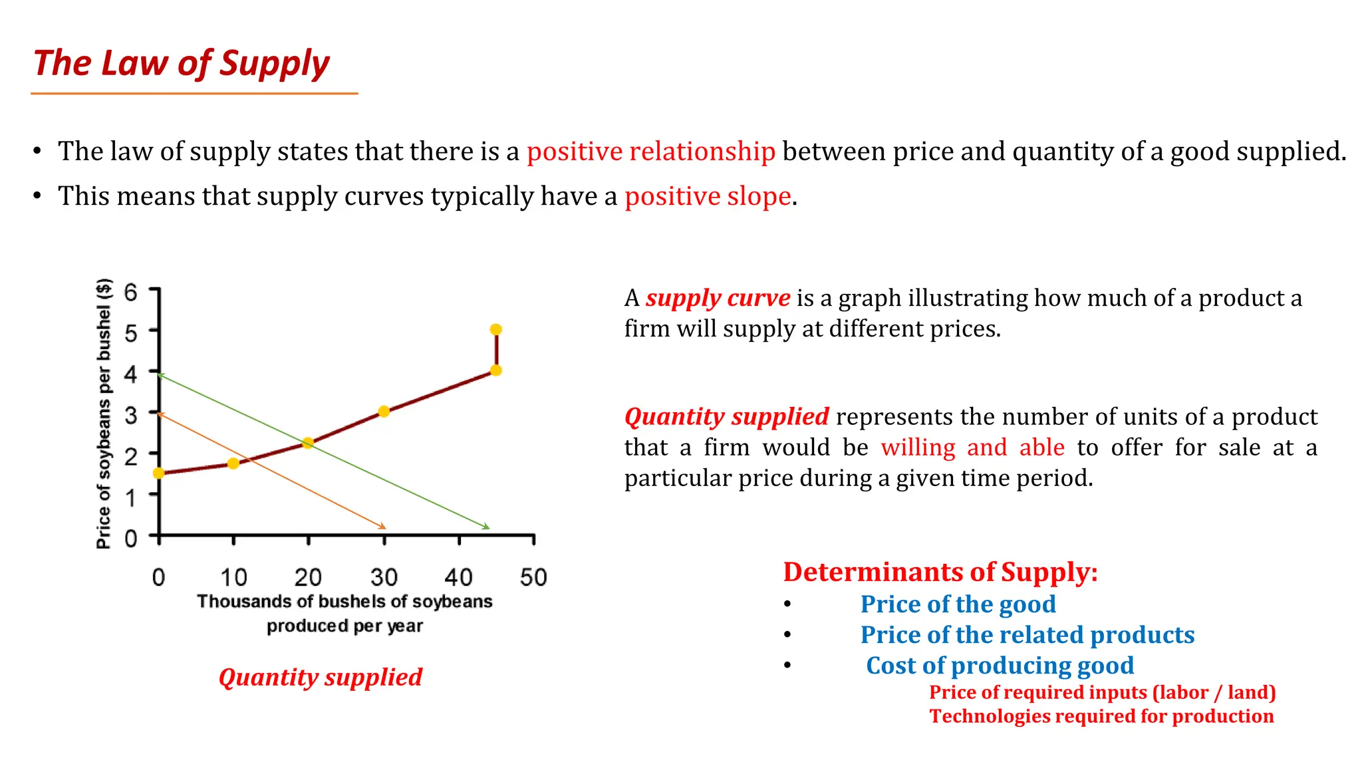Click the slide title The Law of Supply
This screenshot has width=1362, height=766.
pos(181,64)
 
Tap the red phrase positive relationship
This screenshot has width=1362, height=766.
pos(650,152)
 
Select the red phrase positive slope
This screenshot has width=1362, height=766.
pos(708,197)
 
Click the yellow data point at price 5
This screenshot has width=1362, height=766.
pos(495,330)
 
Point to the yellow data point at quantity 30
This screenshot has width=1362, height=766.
pos(384,412)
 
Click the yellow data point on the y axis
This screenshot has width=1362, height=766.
pos(158,473)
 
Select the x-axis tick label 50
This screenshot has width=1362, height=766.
pos(533,577)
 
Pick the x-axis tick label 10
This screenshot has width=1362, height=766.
pos(233,577)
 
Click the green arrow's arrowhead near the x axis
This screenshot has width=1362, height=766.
pos(487,527)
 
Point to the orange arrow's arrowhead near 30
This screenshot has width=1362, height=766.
pos(382,527)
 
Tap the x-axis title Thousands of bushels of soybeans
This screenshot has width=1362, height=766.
pos(344,602)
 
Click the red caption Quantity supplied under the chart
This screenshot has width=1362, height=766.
pos(320,678)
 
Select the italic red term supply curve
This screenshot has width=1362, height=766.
pos(718,298)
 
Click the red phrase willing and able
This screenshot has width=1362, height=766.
pos(972,447)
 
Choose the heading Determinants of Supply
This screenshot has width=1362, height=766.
pos(940,573)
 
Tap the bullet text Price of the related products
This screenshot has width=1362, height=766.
pos(1027,635)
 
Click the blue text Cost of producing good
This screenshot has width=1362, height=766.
pos(1000,666)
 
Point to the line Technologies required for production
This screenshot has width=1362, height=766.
pos(1101,716)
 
